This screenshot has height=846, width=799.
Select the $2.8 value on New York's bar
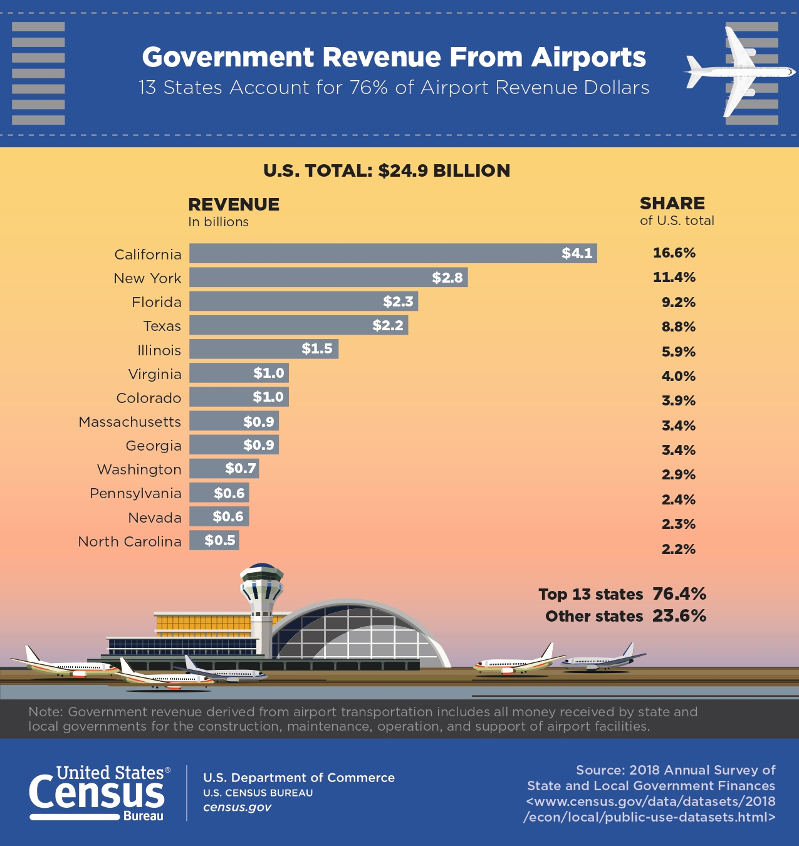pyautogui.click(x=447, y=278)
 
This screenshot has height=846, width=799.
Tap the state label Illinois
pyautogui.click(x=159, y=350)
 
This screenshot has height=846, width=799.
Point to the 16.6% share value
pyautogui.click(x=674, y=253)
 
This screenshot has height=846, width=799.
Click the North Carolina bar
pyautogui.click(x=214, y=540)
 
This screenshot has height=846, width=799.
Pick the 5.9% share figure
pyautogui.click(x=679, y=352)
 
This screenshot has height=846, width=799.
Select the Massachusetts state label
pyautogui.click(x=130, y=422)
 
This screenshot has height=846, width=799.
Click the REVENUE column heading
pyautogui.click(x=234, y=204)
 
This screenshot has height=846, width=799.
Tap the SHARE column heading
pyautogui.click(x=672, y=203)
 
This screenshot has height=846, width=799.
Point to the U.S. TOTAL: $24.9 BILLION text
pyautogui.click(x=387, y=170)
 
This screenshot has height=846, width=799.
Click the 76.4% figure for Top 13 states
pyautogui.click(x=679, y=593)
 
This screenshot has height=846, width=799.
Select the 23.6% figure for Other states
pyautogui.click(x=679, y=615)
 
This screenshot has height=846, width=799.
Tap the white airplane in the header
pyautogui.click(x=738, y=71)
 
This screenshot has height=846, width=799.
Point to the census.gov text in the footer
pyautogui.click(x=237, y=807)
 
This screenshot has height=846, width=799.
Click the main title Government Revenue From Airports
pyautogui.click(x=394, y=57)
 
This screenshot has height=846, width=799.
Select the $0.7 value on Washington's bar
pyautogui.click(x=241, y=468)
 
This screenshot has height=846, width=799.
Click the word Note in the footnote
pyautogui.click(x=44, y=712)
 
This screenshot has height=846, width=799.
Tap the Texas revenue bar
pyautogui.click(x=298, y=325)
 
